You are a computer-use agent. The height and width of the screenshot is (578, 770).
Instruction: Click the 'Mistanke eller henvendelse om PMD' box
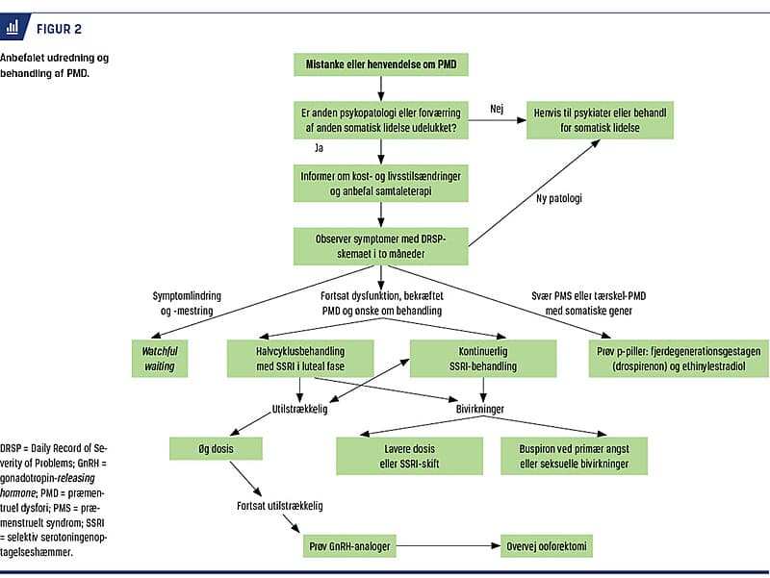[x=380, y=64]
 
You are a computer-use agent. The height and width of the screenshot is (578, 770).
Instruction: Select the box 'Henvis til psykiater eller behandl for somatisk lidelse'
[x=600, y=120]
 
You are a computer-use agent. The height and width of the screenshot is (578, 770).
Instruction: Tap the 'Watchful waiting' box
[x=160, y=359]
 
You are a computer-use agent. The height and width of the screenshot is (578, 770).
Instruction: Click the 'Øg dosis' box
[x=216, y=448]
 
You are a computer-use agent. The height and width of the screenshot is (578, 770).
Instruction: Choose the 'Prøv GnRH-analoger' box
[x=349, y=546]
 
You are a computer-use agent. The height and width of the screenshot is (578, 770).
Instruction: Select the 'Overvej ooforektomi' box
[x=547, y=546]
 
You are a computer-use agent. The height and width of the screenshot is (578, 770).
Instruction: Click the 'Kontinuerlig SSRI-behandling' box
[x=483, y=359]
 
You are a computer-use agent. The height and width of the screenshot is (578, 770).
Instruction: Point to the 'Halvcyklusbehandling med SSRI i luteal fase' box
[x=300, y=359]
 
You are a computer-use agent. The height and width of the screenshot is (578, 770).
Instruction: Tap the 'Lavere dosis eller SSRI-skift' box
[x=410, y=456]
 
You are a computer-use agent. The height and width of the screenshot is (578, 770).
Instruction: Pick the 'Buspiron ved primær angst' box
[x=574, y=456]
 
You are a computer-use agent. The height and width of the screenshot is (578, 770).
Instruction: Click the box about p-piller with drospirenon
[x=679, y=359]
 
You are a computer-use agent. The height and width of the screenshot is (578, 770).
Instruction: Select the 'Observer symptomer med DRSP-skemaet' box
[x=380, y=246]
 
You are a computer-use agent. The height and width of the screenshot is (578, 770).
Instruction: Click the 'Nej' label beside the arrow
[x=497, y=109]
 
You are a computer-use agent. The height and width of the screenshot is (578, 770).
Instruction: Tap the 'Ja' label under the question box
[x=319, y=148]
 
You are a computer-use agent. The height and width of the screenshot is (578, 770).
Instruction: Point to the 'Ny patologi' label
[x=559, y=198]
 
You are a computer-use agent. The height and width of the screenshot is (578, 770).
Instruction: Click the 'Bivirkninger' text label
[x=479, y=409]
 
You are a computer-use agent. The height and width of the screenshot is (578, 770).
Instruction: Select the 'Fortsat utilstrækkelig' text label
[x=280, y=506]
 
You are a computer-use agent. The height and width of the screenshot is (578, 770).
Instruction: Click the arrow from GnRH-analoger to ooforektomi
[x=449, y=545]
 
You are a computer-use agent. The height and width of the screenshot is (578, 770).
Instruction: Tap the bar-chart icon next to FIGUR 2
[x=13, y=27]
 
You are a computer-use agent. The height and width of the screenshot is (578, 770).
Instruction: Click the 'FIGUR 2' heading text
[x=59, y=30]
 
